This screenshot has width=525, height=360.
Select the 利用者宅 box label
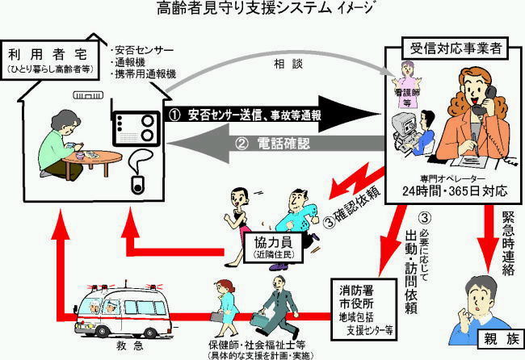point(49,57)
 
